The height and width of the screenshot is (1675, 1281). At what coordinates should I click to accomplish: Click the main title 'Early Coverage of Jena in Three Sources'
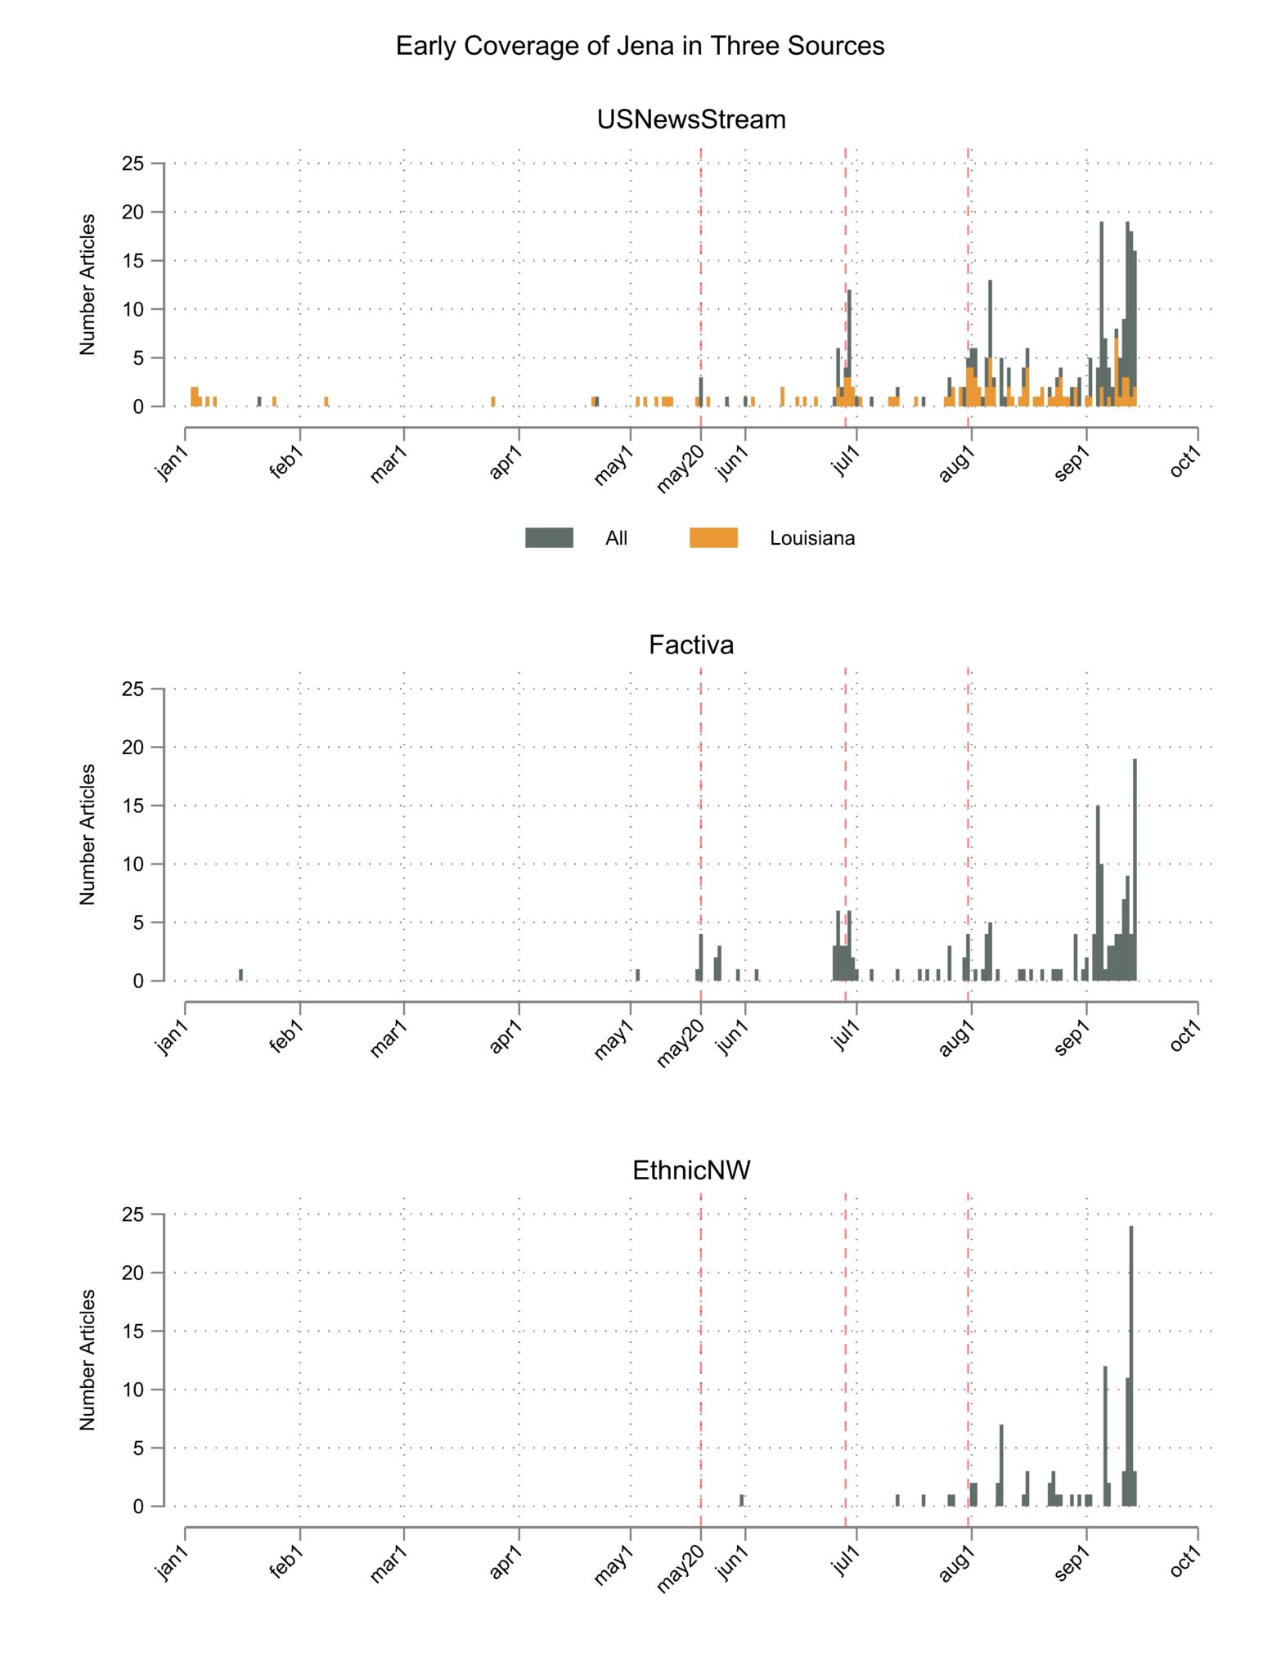[640, 46]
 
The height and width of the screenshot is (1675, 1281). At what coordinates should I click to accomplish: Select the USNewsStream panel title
[691, 119]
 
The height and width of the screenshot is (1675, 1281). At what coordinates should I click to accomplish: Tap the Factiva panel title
[691, 645]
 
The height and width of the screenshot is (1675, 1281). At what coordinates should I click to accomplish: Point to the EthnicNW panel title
[691, 1170]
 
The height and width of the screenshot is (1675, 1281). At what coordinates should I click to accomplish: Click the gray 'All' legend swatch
[549, 537]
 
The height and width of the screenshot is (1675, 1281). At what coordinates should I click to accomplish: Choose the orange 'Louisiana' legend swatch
[713, 537]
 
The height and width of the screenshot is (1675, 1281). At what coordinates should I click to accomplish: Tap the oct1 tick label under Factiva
[1185, 1035]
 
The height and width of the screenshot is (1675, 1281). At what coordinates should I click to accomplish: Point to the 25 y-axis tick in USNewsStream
[133, 164]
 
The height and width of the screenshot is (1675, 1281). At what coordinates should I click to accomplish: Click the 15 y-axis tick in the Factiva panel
[133, 806]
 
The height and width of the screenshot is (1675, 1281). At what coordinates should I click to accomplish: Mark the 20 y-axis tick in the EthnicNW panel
[133, 1273]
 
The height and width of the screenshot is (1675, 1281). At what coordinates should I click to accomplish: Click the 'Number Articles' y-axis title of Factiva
[88, 834]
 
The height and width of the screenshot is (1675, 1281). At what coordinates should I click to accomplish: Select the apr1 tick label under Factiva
[506, 1035]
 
